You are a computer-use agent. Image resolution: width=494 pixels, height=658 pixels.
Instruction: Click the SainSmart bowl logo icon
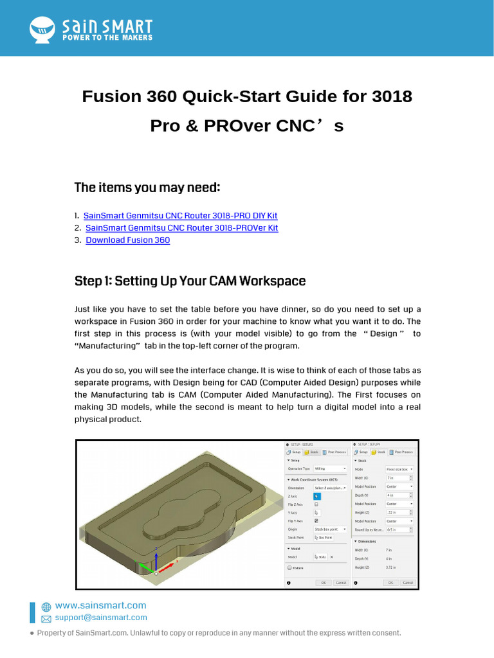43,28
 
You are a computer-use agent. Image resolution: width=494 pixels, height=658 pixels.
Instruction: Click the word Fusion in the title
111,97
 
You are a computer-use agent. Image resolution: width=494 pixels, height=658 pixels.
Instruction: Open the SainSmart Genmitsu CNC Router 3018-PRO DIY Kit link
180,216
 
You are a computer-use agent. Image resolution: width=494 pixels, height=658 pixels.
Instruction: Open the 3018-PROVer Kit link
181,228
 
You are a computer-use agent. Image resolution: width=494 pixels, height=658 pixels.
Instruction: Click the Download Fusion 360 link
127,240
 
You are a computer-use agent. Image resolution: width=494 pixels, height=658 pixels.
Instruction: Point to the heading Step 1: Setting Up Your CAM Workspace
190,281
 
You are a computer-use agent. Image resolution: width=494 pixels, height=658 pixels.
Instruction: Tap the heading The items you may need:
147,188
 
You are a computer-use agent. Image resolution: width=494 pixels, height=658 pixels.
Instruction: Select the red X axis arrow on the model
166,568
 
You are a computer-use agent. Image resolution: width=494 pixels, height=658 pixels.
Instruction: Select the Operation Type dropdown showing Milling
330,469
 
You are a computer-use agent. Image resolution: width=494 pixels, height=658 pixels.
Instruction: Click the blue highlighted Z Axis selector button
317,496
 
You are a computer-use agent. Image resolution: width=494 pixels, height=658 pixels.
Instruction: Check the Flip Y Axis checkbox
316,520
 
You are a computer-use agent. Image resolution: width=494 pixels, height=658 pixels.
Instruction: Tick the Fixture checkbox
289,568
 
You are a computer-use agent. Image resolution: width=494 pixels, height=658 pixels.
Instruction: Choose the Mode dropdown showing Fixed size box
399,469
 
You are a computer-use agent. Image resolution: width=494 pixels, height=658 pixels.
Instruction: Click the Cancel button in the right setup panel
408,583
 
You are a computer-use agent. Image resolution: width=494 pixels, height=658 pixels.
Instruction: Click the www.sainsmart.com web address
100,605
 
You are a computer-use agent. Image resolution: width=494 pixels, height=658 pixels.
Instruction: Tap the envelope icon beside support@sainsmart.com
46,618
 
